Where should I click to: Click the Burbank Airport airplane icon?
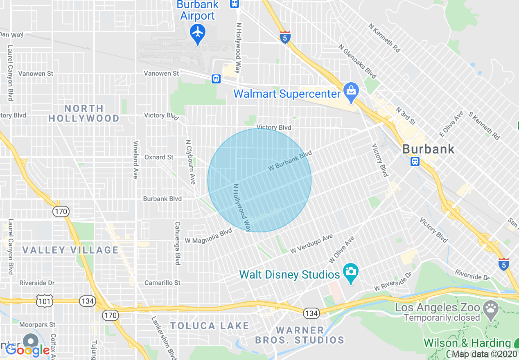[x=198, y=32]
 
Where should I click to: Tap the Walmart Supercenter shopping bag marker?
[x=351, y=92]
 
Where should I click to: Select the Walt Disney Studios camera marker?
[x=350, y=272]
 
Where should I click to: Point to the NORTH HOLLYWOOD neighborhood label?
[x=84, y=113]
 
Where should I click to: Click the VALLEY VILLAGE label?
[x=70, y=250]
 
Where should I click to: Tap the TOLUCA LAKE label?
[x=209, y=326]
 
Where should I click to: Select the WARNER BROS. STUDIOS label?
[x=300, y=335]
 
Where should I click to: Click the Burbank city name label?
[x=428, y=148]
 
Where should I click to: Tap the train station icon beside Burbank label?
[x=415, y=161]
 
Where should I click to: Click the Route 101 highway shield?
[x=44, y=301]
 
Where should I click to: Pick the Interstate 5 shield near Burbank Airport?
[x=285, y=37]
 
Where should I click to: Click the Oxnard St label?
[x=159, y=157]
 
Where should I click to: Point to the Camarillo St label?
[x=162, y=283]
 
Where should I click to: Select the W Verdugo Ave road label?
[x=311, y=244]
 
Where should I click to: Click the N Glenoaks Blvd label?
[x=357, y=61]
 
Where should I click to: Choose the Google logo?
[x=27, y=350]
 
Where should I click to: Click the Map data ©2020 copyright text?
[x=485, y=354]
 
